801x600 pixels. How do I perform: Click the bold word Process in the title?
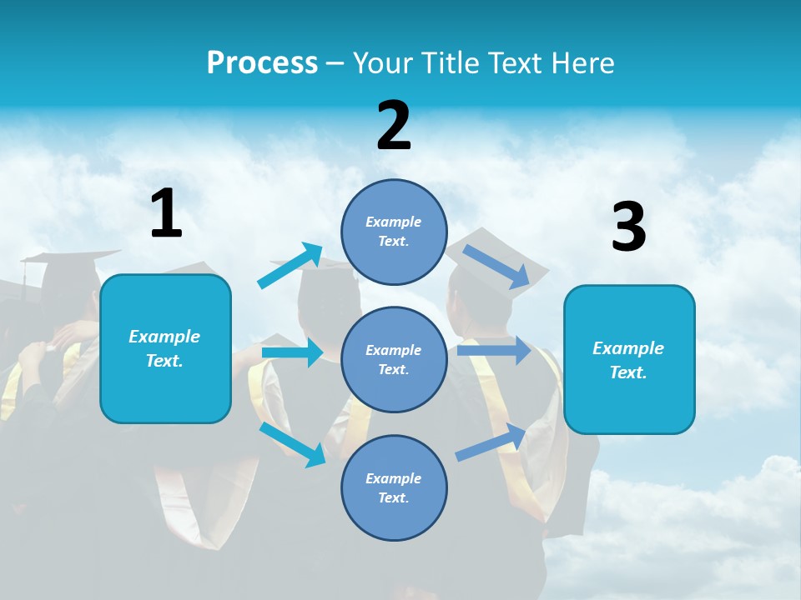(262, 63)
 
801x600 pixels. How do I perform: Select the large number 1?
(166, 213)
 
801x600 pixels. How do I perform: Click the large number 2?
(394, 125)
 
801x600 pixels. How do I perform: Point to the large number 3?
(628, 227)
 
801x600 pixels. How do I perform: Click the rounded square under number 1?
(165, 348)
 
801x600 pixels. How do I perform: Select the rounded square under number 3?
(629, 359)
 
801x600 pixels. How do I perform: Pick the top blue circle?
(394, 232)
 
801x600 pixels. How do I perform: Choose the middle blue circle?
(394, 359)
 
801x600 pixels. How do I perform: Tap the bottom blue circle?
(394, 487)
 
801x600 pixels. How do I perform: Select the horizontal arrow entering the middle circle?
(292, 352)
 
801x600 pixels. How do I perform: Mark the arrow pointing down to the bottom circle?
(293, 444)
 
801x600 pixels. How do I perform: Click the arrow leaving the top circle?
(496, 266)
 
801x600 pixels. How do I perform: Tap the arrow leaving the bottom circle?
(491, 442)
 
